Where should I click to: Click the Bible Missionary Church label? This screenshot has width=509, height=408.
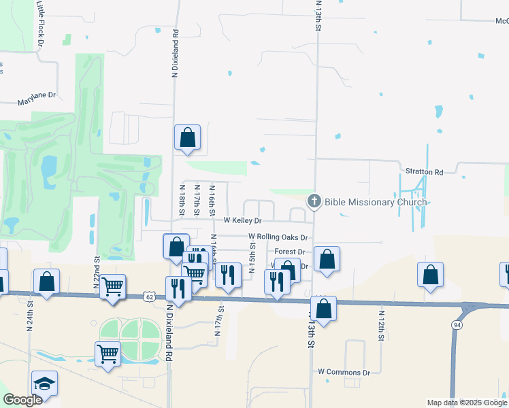click(376, 202)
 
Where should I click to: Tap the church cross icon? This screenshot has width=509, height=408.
click(314, 201)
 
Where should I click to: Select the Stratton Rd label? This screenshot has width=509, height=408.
click(425, 173)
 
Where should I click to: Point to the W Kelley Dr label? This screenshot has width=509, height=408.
click(243, 221)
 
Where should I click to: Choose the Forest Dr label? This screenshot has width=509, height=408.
click(289, 252)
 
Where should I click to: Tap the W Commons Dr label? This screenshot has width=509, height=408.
click(344, 373)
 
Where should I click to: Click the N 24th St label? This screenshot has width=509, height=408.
click(30, 318)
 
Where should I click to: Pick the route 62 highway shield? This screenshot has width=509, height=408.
click(149, 296)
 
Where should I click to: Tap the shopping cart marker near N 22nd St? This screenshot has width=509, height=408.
click(112, 286)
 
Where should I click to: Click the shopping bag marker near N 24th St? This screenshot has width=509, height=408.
click(46, 282)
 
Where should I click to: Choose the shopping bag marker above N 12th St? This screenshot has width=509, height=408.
click(430, 275)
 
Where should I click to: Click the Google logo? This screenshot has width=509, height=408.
click(22, 400)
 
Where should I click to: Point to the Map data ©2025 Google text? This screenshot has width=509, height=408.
click(466, 403)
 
